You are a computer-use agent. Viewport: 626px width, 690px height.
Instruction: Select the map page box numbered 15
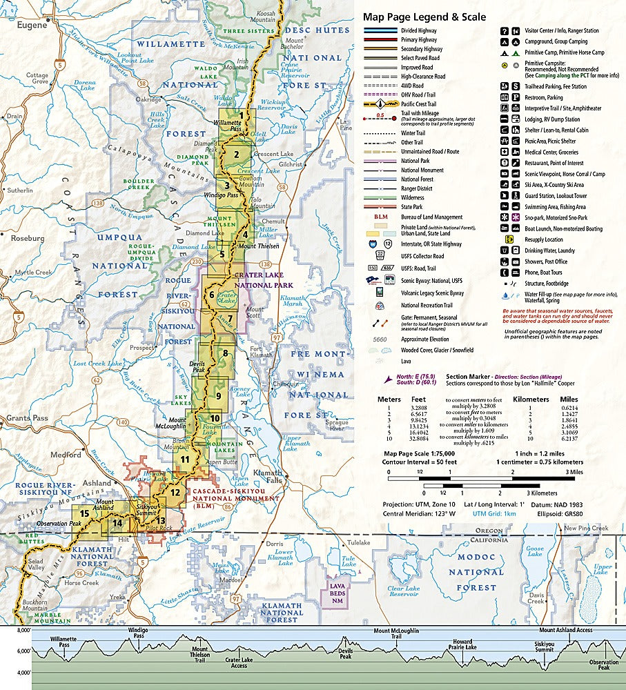(x=84, y=513)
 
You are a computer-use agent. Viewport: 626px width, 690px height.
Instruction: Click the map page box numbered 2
(x=236, y=154)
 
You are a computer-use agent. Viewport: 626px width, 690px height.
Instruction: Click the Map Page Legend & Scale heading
(x=424, y=17)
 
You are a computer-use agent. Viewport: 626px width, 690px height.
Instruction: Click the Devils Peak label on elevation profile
(x=345, y=655)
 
